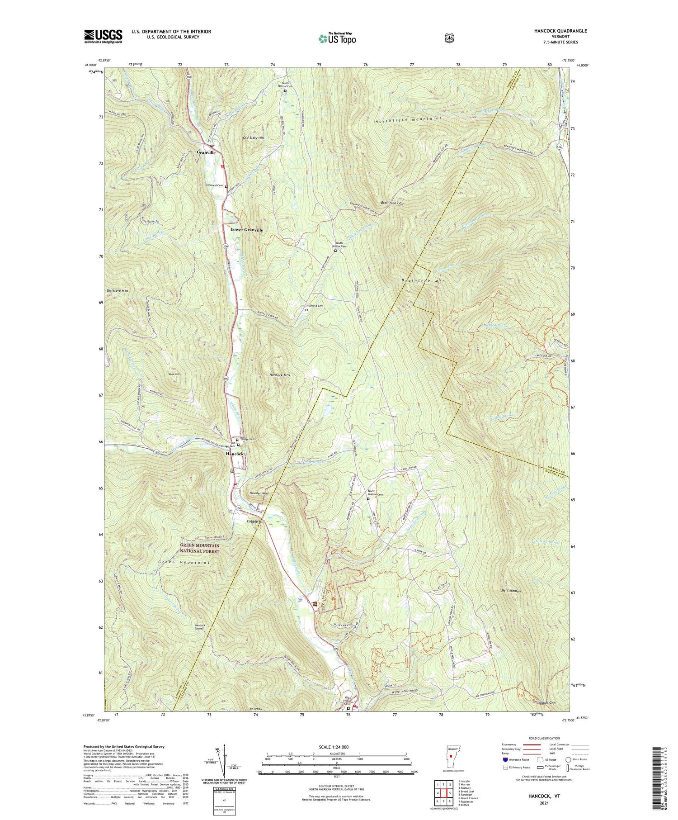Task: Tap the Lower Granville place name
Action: click(x=246, y=230)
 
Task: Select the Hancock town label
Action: click(x=235, y=453)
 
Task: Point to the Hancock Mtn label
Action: click(x=279, y=375)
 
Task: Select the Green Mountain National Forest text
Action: click(x=200, y=548)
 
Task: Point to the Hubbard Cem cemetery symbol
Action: click(x=306, y=310)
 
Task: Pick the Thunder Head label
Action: click(x=259, y=493)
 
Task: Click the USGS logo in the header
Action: click(x=103, y=36)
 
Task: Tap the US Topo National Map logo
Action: click(x=337, y=38)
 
